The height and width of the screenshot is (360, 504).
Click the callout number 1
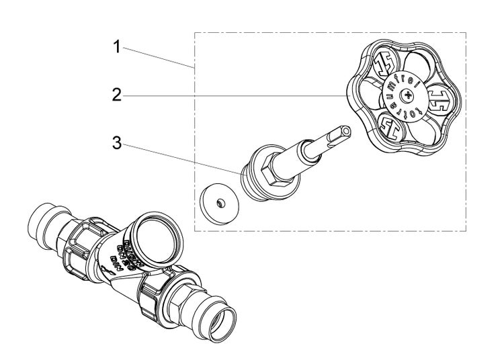tap(117, 48)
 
